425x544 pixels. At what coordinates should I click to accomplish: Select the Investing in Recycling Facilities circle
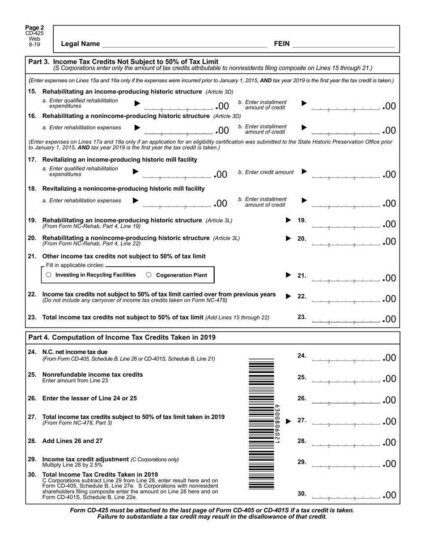click(49, 275)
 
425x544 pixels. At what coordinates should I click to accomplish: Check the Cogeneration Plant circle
click(149, 275)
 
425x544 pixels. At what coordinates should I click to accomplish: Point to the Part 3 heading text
click(123, 61)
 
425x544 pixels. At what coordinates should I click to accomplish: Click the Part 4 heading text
click(122, 337)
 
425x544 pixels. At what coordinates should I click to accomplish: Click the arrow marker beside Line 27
click(289, 421)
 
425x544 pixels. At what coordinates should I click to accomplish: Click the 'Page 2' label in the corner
click(34, 28)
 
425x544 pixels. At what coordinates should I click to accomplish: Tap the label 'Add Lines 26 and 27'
click(72, 441)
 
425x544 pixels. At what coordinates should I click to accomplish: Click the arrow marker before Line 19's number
click(289, 220)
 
